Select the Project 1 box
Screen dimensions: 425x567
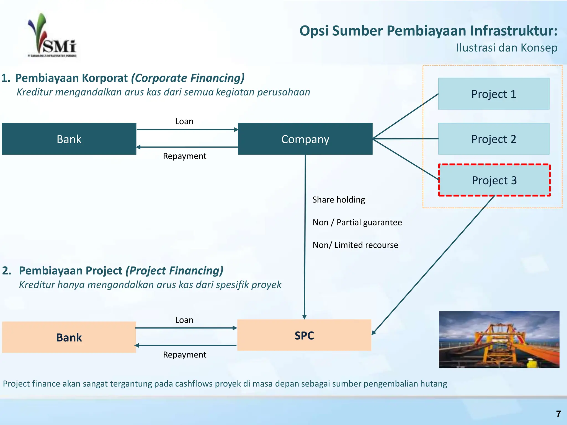pyautogui.click(x=494, y=94)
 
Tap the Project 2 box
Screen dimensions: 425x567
pyautogui.click(x=494, y=139)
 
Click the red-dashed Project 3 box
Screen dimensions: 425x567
pyautogui.click(x=494, y=180)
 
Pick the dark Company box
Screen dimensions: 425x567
pyautogui.click(x=305, y=139)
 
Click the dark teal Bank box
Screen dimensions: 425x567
pyautogui.click(x=69, y=139)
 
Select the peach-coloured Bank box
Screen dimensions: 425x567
pyautogui.click(x=69, y=337)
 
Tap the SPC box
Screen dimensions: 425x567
pyautogui.click(x=304, y=335)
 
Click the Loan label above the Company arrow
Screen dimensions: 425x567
pyautogui.click(x=184, y=121)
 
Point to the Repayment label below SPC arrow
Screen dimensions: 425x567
pyautogui.click(x=184, y=354)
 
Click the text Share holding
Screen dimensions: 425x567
pyautogui.click(x=339, y=199)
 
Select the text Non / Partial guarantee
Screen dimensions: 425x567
pyautogui.click(x=357, y=222)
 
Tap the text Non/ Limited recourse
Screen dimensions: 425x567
pyautogui.click(x=355, y=245)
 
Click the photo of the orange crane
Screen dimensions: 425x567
pyautogui.click(x=499, y=339)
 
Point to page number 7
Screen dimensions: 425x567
pyautogui.click(x=558, y=414)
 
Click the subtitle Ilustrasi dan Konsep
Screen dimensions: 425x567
pyautogui.click(x=507, y=48)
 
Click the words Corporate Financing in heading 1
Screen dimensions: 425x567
pyautogui.click(x=188, y=78)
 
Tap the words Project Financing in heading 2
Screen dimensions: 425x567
pyautogui.click(x=174, y=271)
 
